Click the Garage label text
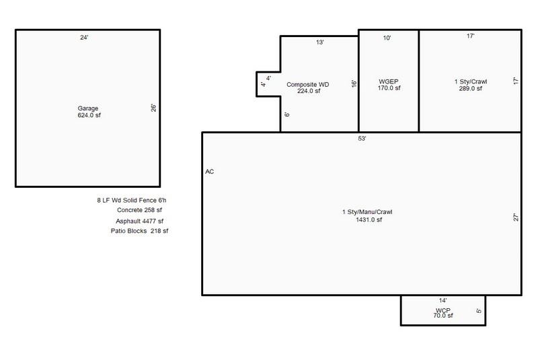[x=87, y=108]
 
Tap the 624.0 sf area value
[x=87, y=116]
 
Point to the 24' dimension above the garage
[x=84, y=38]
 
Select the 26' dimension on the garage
[x=153, y=108]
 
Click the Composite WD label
[x=307, y=84]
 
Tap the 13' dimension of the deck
[x=320, y=42]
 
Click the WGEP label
[x=389, y=81]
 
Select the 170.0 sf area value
[x=389, y=88]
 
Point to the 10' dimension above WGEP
[x=387, y=38]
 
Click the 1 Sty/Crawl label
[x=471, y=81]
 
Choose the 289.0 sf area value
[x=471, y=88]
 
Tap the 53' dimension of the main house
[x=362, y=139]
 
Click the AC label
[x=209, y=172]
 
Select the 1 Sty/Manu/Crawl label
[x=367, y=213]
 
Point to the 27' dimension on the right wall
[x=515, y=217]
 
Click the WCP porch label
[x=442, y=310]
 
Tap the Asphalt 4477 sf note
[x=140, y=221]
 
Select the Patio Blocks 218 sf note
[x=139, y=231]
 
